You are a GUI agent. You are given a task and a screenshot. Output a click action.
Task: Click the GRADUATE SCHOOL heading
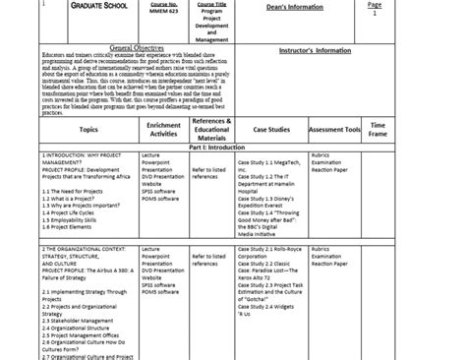click(83, 7)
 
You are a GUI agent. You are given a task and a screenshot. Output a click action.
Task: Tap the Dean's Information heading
click(270, 7)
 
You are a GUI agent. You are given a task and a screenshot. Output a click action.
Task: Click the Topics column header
click(88, 129)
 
